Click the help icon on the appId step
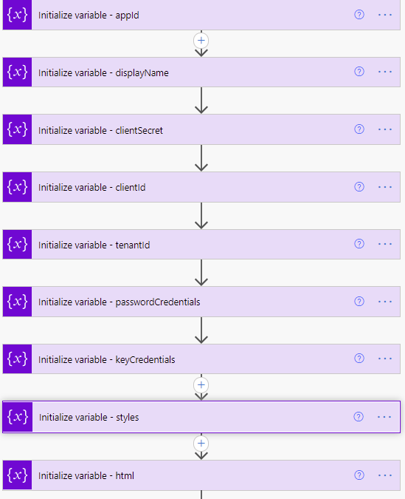359,15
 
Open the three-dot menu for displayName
385,72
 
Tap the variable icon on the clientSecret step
17,129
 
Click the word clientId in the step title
131,188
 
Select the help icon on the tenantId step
359,244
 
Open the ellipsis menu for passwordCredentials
385,302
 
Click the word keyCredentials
145,359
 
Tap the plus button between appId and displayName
201,41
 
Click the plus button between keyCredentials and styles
201,385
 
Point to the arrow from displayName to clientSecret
201,101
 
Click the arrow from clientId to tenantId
201,216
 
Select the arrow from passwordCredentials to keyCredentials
201,330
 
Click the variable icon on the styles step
18,417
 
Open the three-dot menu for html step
385,475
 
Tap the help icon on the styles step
359,417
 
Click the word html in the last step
125,475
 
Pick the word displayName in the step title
142,73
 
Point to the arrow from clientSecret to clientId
201,158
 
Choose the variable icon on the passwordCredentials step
17,302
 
